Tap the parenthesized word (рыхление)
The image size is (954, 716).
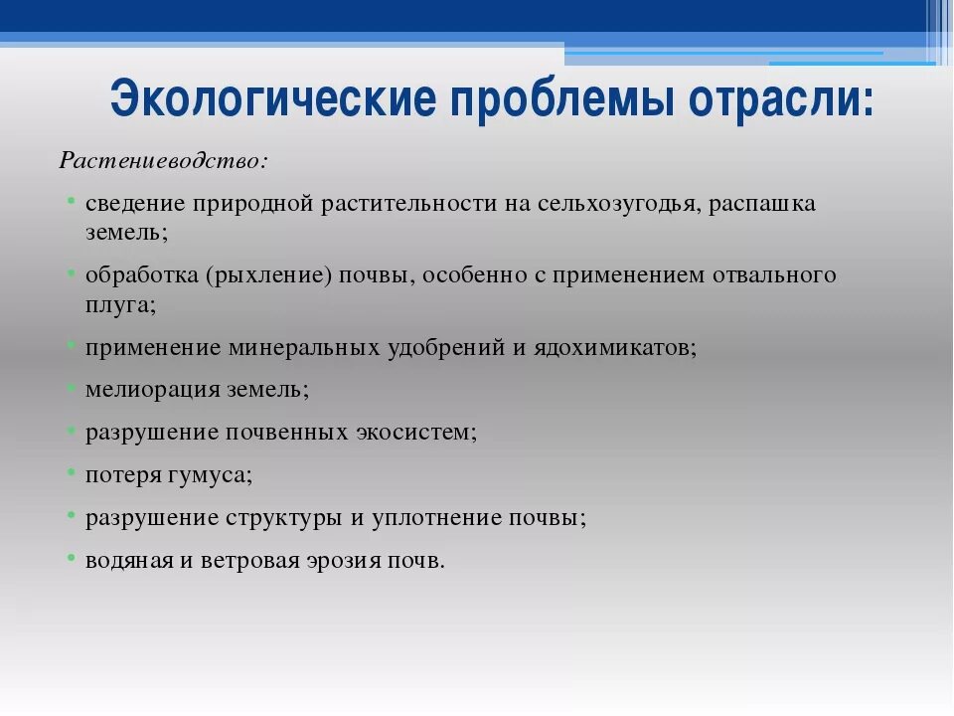coord(268,275)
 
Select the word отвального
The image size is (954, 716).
coord(774,275)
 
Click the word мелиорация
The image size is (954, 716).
coord(153,390)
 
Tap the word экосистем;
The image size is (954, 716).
coord(416,433)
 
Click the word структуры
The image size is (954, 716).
coord(282,518)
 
